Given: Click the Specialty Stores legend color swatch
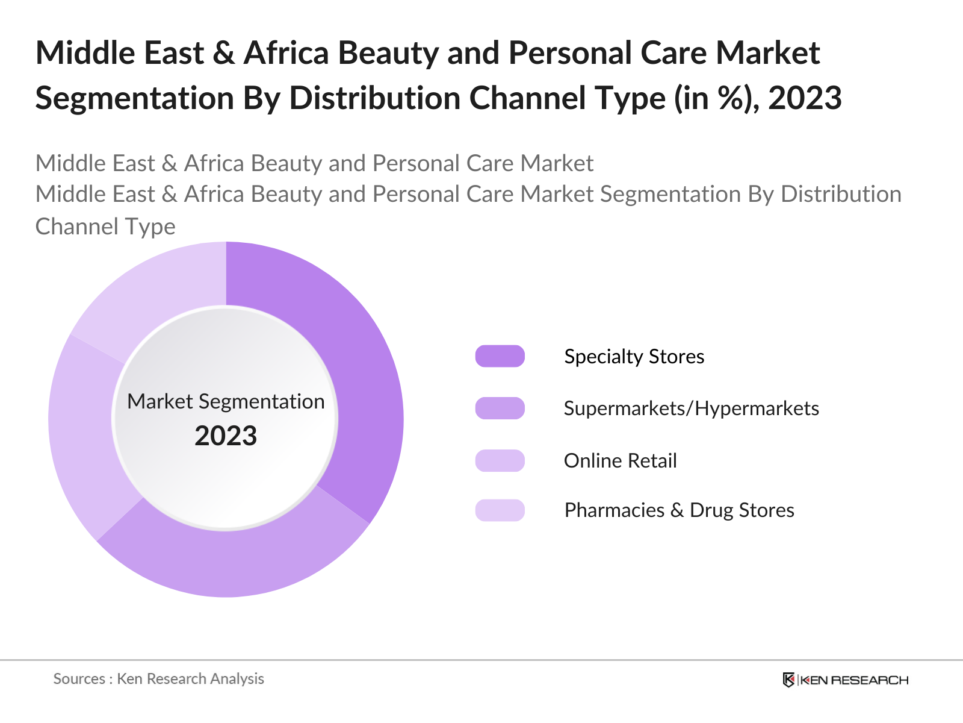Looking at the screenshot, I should (500, 356).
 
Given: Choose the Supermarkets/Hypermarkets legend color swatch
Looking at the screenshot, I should (500, 408).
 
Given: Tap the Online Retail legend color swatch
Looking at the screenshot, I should (500, 460).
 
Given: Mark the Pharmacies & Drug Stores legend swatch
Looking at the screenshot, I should (500, 510).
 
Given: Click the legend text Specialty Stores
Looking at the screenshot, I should (634, 356).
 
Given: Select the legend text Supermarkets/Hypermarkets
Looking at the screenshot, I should (691, 408).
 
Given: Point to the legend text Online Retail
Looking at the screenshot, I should (620, 460).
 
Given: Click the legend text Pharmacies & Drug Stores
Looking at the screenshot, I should (679, 510).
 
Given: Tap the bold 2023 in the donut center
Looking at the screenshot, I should (226, 436).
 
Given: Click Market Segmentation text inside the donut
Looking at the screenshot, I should (226, 401).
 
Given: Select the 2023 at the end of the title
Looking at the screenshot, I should (805, 98).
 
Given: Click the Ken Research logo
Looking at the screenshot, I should (845, 680).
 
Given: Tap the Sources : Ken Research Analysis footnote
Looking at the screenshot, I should (159, 678).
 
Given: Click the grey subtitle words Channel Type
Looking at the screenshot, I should (105, 227).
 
